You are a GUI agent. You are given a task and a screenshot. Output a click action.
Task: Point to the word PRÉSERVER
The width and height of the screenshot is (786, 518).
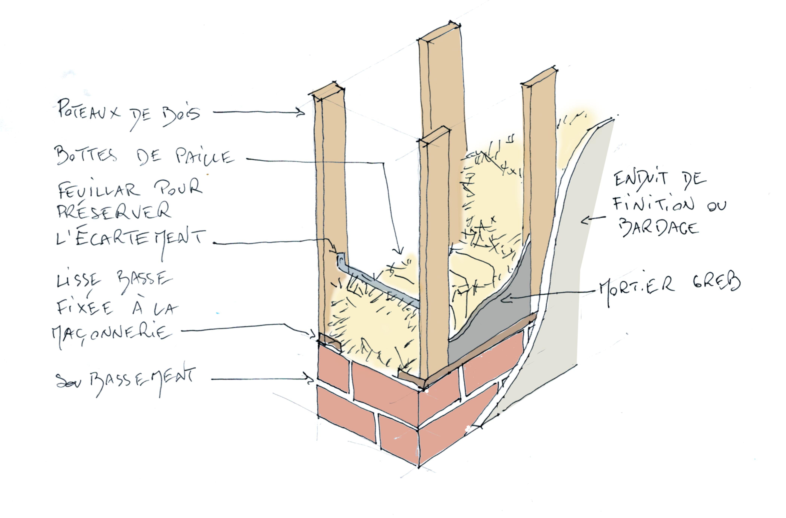pyautogui.click(x=114, y=211)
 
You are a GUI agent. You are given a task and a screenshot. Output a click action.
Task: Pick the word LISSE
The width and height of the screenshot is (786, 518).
pyautogui.click(x=79, y=281)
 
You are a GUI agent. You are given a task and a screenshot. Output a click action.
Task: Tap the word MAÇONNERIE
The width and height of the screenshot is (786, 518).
pyautogui.click(x=112, y=332)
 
